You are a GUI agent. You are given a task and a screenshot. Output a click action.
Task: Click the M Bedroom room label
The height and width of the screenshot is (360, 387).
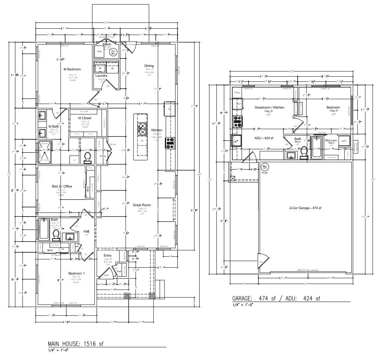point(72,69)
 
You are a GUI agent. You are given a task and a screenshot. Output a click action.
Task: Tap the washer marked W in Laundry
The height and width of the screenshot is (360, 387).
point(100,68)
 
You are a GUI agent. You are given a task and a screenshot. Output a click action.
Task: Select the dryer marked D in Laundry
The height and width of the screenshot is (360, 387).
point(112,68)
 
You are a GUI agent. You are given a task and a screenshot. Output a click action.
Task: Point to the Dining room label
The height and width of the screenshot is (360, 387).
point(149,66)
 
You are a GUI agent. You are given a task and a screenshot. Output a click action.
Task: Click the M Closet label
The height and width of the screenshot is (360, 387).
point(85,118)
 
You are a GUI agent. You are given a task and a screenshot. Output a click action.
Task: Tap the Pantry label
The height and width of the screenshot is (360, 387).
point(103,156)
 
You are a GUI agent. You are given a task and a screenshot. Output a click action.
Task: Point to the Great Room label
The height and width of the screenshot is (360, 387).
point(142,205)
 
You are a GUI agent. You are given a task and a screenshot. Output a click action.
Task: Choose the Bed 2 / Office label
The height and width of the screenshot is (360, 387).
point(62,186)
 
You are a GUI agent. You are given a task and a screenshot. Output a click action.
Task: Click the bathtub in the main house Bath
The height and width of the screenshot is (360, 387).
point(44,229)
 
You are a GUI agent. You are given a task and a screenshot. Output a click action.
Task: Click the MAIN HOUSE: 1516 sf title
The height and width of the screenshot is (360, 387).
point(76,344)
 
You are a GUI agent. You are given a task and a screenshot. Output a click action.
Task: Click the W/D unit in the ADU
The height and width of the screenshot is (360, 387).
point(344,141)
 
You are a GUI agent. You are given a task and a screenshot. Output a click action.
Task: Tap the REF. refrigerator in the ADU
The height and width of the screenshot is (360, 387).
point(239,104)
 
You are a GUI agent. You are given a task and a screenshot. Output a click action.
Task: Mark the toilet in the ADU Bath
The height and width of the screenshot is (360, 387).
point(304,152)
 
